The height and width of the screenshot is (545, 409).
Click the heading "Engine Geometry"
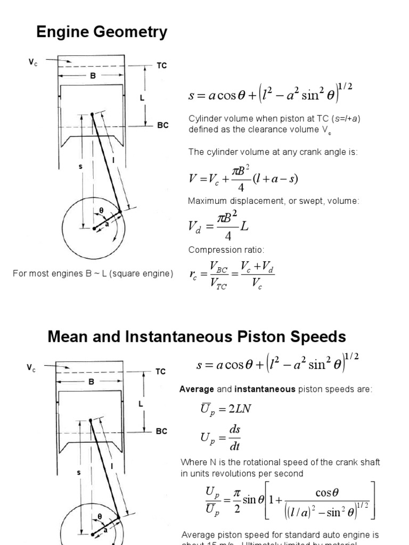tap(101, 33)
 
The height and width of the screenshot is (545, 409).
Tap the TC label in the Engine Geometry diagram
tap(161, 65)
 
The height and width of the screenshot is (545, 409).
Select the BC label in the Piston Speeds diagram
tap(161, 431)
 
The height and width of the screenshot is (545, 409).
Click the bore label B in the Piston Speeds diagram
tap(92, 382)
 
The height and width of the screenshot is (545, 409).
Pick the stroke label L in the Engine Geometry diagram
tap(142, 98)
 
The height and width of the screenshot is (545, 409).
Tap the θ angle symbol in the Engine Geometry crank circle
tap(101, 211)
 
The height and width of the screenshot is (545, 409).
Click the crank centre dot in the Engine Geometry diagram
tap(94, 228)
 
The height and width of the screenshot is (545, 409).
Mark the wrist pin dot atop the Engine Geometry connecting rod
tap(92, 114)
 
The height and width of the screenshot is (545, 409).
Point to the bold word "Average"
tap(197, 390)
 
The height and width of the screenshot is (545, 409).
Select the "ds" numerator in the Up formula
tap(234, 430)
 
